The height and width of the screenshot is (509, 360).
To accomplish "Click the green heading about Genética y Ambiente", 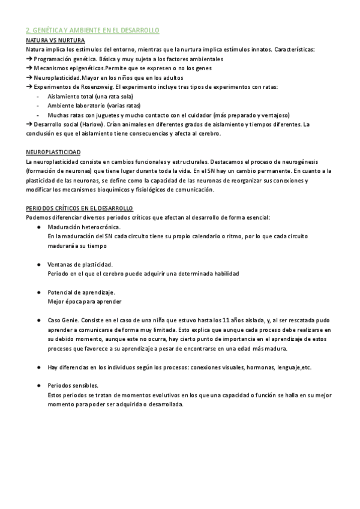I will click(x=92, y=30).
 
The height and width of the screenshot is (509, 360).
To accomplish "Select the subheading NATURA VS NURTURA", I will click(x=52, y=40).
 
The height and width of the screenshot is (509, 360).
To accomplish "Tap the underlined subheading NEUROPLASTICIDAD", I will click(x=53, y=153).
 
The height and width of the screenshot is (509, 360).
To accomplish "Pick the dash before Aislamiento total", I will click(x=38, y=97).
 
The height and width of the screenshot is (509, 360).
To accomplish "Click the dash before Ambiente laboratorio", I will click(x=38, y=106).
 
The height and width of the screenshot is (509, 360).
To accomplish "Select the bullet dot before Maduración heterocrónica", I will click(x=38, y=227).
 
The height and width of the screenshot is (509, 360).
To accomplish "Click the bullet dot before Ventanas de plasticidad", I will click(x=38, y=264).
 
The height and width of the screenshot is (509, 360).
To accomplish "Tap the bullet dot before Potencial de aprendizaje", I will click(x=38, y=292).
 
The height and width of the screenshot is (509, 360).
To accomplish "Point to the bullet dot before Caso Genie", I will click(x=38, y=321).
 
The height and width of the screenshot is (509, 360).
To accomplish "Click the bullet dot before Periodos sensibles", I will click(x=38, y=385).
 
